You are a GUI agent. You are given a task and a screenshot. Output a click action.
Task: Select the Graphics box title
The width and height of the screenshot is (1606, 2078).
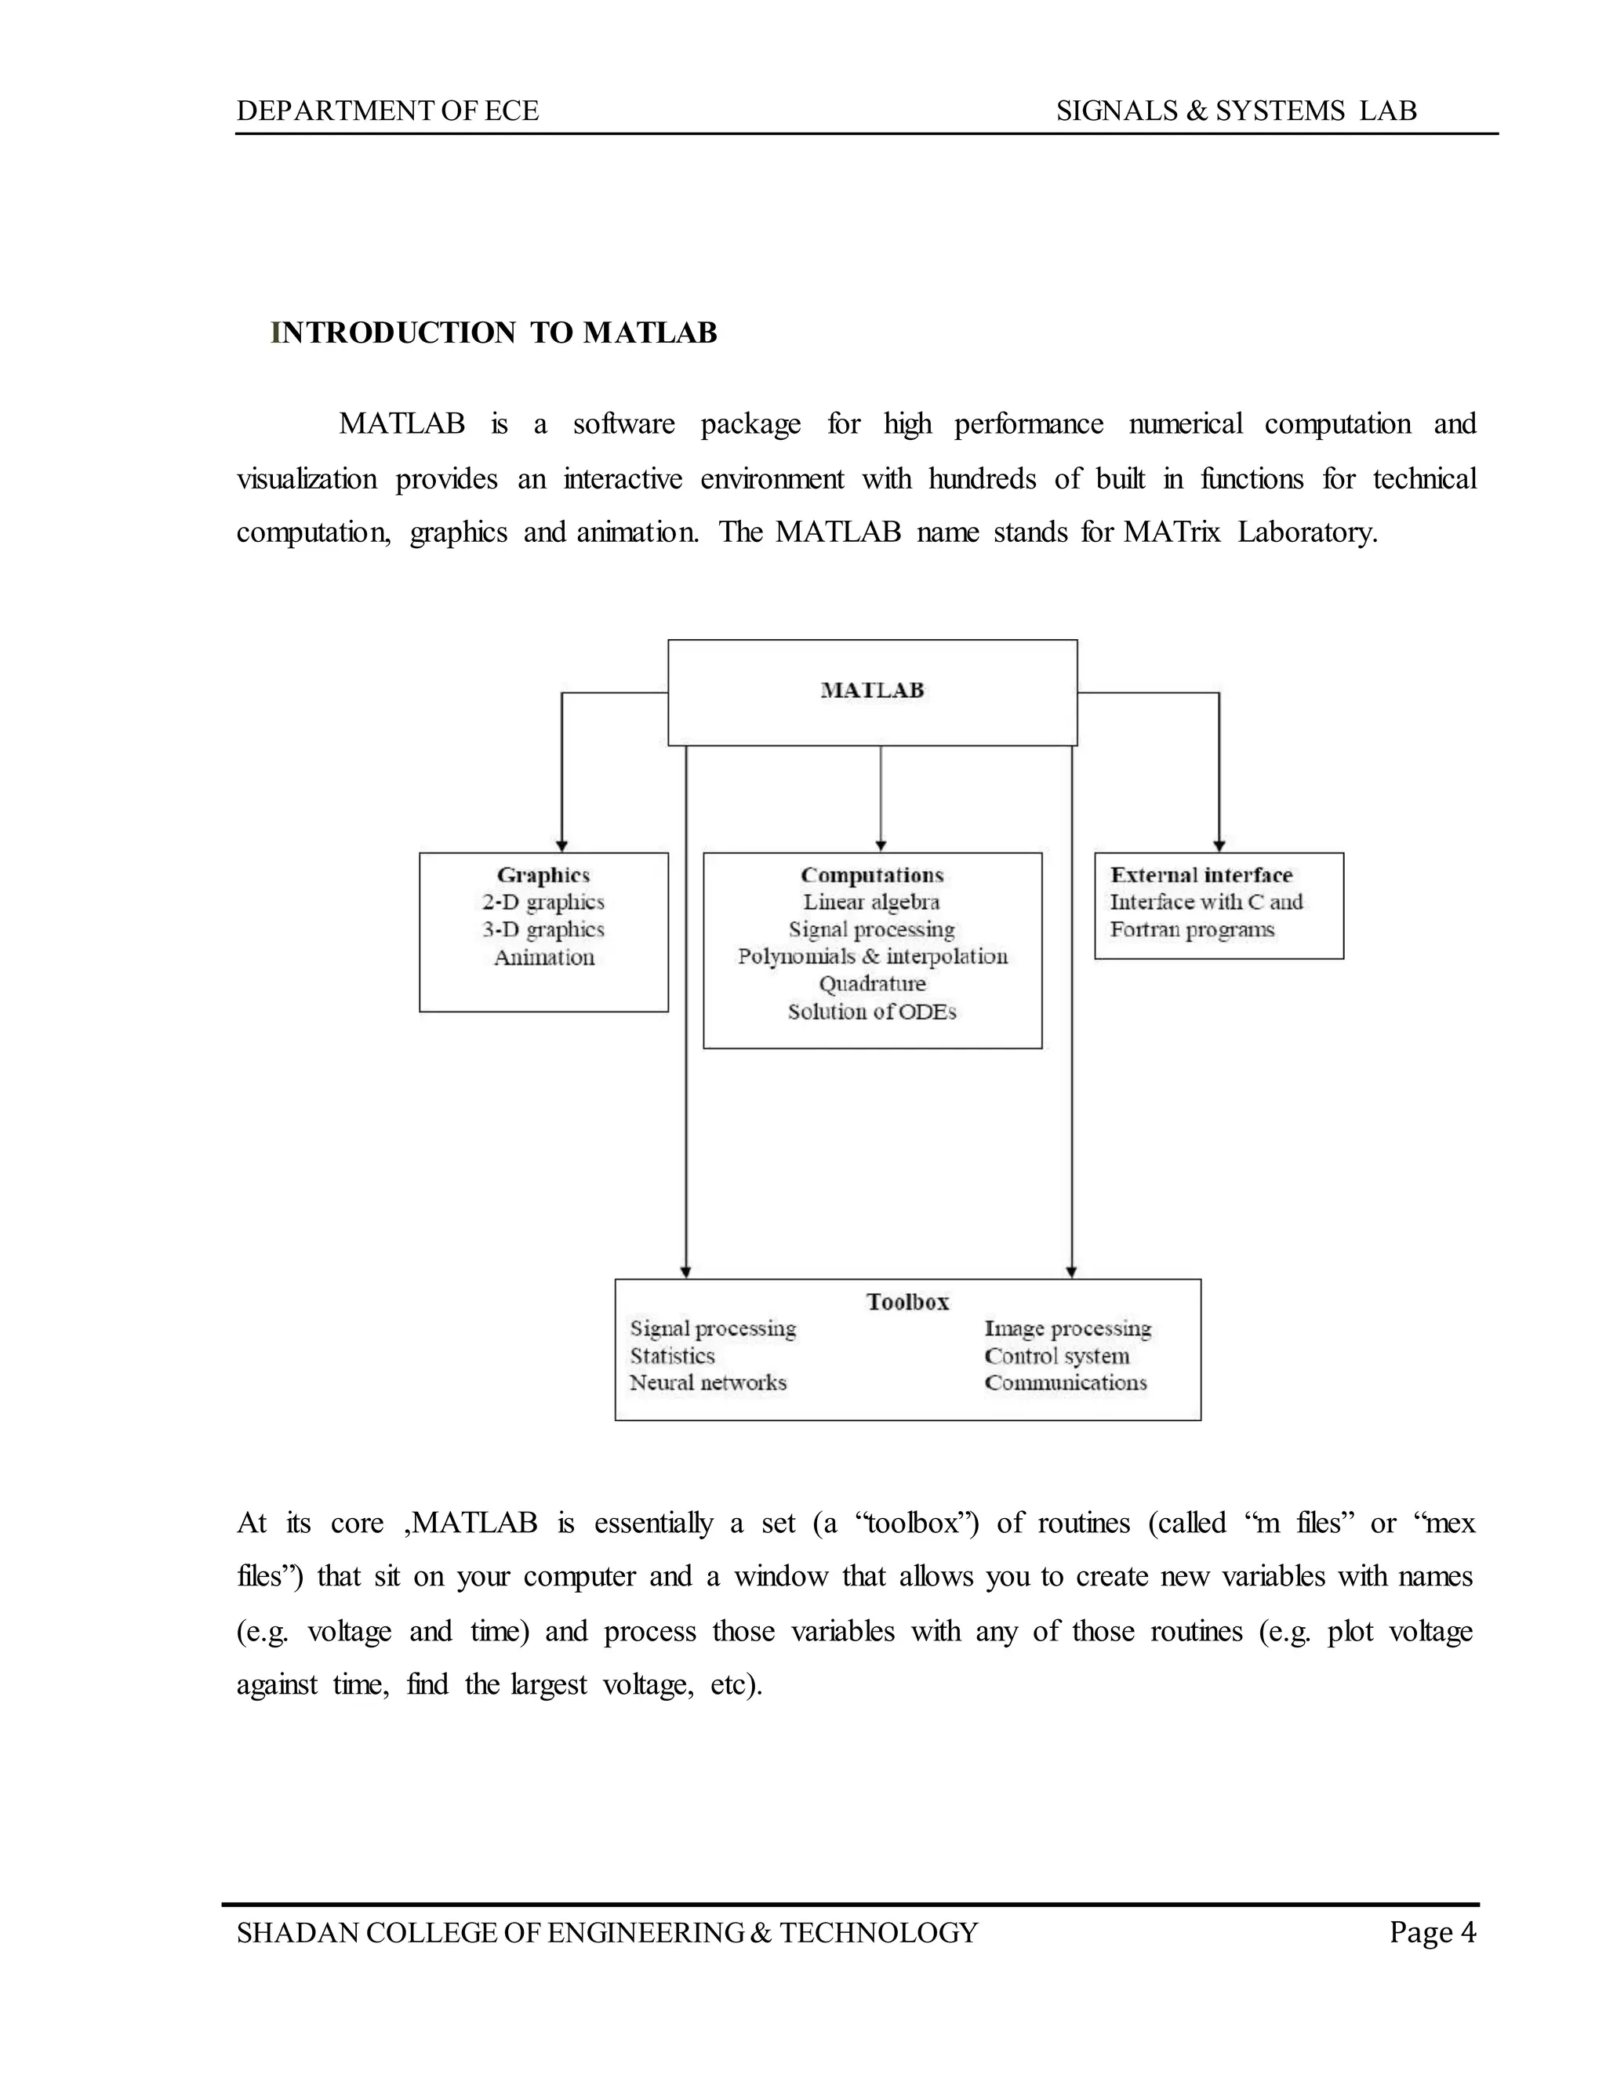pyautogui.click(x=543, y=874)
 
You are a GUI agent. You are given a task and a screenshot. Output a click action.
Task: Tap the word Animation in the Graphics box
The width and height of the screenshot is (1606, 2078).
pyautogui.click(x=543, y=957)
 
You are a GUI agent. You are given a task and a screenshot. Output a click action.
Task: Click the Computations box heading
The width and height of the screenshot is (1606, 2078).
pyautogui.click(x=871, y=874)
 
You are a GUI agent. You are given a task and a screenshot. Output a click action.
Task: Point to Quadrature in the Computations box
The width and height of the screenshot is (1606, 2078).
pyautogui.click(x=871, y=984)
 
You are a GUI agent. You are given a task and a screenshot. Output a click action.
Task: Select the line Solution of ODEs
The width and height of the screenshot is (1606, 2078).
pyautogui.click(x=871, y=1012)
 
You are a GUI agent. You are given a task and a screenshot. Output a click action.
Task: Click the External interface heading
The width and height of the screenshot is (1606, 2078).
pyautogui.click(x=1201, y=874)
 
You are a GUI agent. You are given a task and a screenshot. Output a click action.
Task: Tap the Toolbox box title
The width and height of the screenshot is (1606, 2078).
pyautogui.click(x=907, y=1302)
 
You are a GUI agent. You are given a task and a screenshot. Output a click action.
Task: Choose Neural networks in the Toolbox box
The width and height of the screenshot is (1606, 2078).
pyautogui.click(x=708, y=1382)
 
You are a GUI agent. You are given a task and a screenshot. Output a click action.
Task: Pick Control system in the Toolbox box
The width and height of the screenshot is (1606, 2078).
pyautogui.click(x=1056, y=1356)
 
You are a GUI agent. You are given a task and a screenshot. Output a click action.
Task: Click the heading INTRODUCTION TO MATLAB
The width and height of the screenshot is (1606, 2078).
pyautogui.click(x=494, y=333)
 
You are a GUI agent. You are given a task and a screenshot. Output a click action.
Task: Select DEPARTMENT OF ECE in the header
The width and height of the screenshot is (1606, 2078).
pyautogui.click(x=387, y=111)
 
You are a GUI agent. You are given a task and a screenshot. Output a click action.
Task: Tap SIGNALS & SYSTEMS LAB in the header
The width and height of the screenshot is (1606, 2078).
pyautogui.click(x=1236, y=111)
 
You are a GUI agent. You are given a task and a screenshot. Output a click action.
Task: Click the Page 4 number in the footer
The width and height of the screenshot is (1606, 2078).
pyautogui.click(x=1432, y=1932)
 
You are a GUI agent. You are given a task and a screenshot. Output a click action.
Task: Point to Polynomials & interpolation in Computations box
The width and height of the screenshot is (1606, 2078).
pyautogui.click(x=871, y=956)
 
